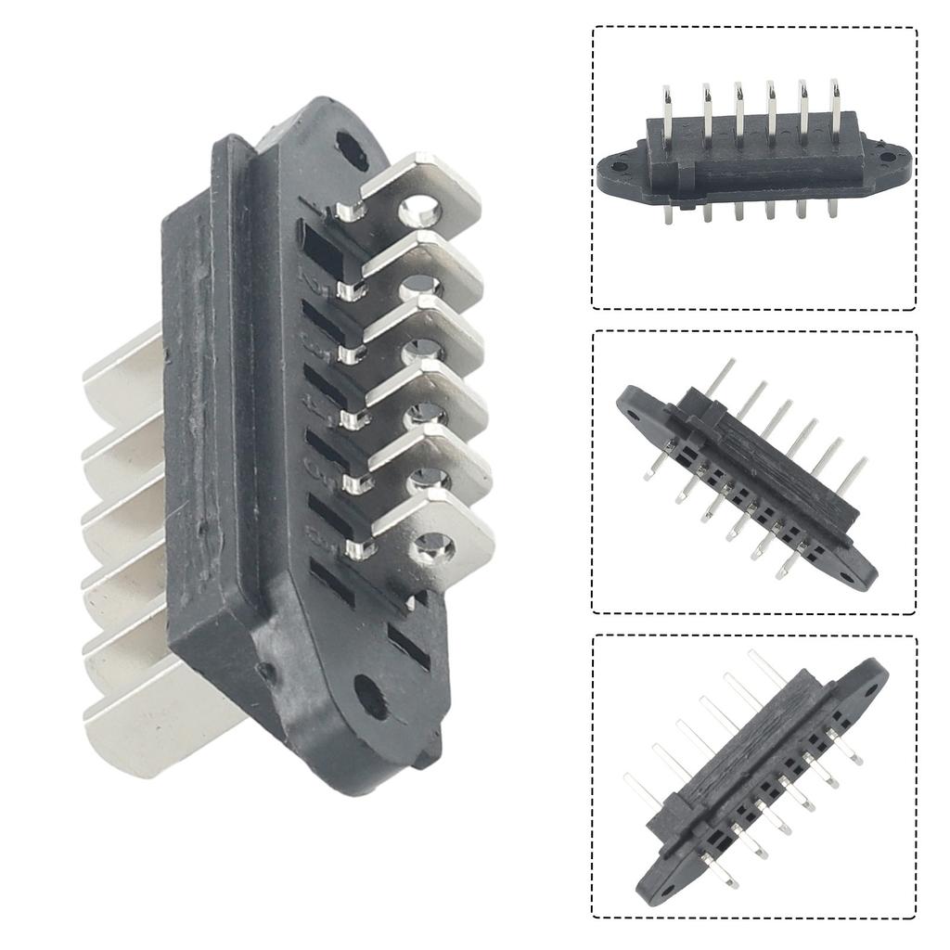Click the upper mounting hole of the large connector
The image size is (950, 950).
pos(351,148)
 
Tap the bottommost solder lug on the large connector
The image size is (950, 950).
pos(431,538)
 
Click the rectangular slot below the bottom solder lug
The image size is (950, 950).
pos(409,644)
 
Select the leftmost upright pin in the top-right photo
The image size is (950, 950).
pos(666,116)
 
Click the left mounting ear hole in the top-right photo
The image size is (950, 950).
pos(619,167)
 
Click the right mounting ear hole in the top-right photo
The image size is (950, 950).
pos(889,157)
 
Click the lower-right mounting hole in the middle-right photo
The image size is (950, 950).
pos(847,575)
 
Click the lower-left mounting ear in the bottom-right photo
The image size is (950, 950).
pos(649,886)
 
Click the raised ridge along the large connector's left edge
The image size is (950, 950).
pos(223,371)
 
